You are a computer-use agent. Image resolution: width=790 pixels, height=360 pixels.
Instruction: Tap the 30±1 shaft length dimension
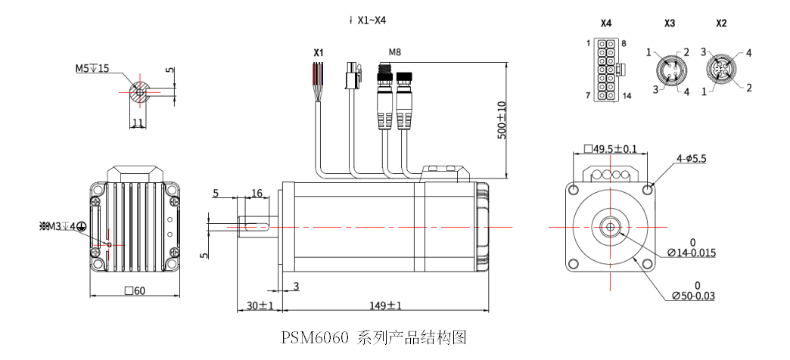coord(260,305)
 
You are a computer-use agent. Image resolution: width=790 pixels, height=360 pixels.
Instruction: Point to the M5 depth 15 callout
coord(92,68)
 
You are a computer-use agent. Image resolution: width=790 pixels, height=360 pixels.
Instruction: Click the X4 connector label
coord(605,23)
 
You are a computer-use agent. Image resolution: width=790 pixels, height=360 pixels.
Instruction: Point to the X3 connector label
coord(669,23)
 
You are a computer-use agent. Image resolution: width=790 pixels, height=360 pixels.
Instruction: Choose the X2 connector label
coord(720,23)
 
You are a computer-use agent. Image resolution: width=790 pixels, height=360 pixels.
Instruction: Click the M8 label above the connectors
coord(394,52)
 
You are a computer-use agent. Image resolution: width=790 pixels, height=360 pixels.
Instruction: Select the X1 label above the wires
coord(319,52)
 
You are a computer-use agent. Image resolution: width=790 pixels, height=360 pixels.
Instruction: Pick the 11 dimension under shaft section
coord(138,122)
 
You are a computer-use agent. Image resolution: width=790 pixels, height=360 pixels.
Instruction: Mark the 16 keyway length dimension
coord(257,194)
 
